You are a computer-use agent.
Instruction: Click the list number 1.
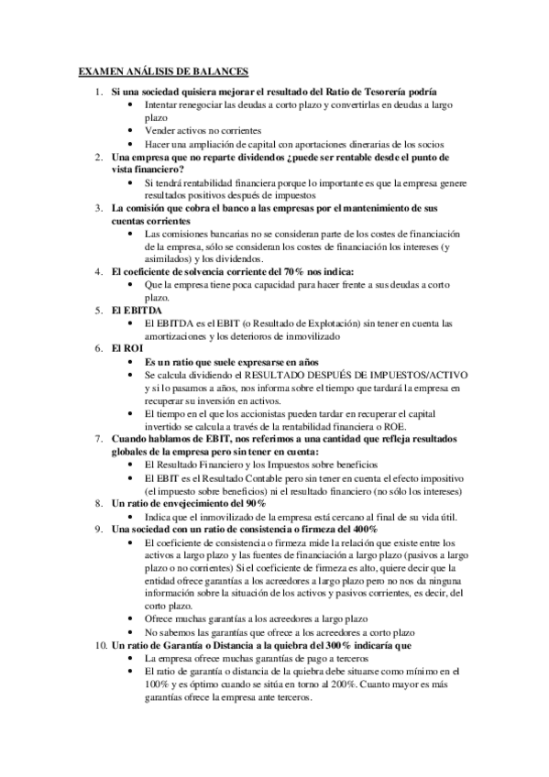99,92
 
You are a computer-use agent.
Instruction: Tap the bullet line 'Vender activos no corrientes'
203,131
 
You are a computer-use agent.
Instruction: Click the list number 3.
99,209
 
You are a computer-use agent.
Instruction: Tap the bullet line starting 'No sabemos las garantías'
280,633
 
